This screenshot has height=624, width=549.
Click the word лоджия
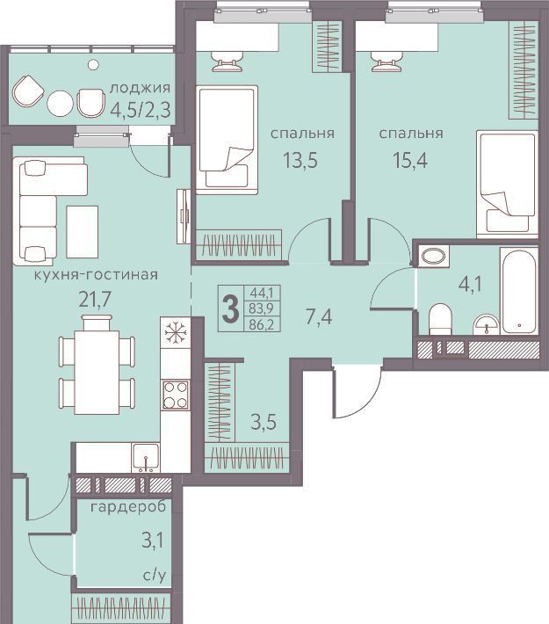pos(140,89)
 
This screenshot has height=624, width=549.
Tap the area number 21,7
pos(95,300)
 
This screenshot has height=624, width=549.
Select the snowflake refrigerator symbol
pos(176,332)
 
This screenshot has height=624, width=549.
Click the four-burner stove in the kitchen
pos(176,395)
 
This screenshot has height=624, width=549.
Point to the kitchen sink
pos(146,457)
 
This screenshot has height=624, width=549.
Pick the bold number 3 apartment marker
pos(230,308)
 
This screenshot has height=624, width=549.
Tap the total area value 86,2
pos(262,324)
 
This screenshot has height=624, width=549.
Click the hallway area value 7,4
pos(319,317)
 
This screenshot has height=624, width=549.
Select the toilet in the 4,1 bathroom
pos(440,319)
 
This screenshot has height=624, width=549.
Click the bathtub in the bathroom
pos(519,292)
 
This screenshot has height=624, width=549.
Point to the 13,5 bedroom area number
pos(300,160)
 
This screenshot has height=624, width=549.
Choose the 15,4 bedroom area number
pos(410,160)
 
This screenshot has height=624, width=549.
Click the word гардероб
pos(128,508)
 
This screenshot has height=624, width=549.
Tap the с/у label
pos(155,575)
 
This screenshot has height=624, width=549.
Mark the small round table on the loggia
pos(60,103)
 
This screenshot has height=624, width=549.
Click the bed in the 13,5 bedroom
pos(228,140)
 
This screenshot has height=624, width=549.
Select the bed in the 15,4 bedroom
pos(507,185)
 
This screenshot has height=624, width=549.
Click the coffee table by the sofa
pos(83,232)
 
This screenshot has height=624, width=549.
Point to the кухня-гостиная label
pos(96,274)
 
